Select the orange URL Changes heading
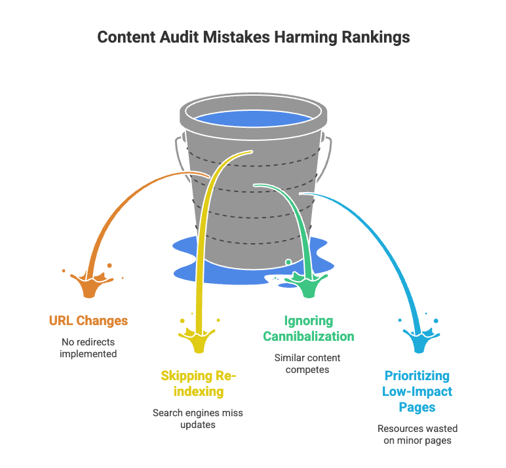coord(88,321)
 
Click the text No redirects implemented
coord(88,347)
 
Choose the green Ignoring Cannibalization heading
coord(309,328)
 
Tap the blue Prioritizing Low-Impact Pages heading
coord(418,391)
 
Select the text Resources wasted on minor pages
coord(418,435)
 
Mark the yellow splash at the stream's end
coord(199,340)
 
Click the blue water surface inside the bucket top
coord(253,120)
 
